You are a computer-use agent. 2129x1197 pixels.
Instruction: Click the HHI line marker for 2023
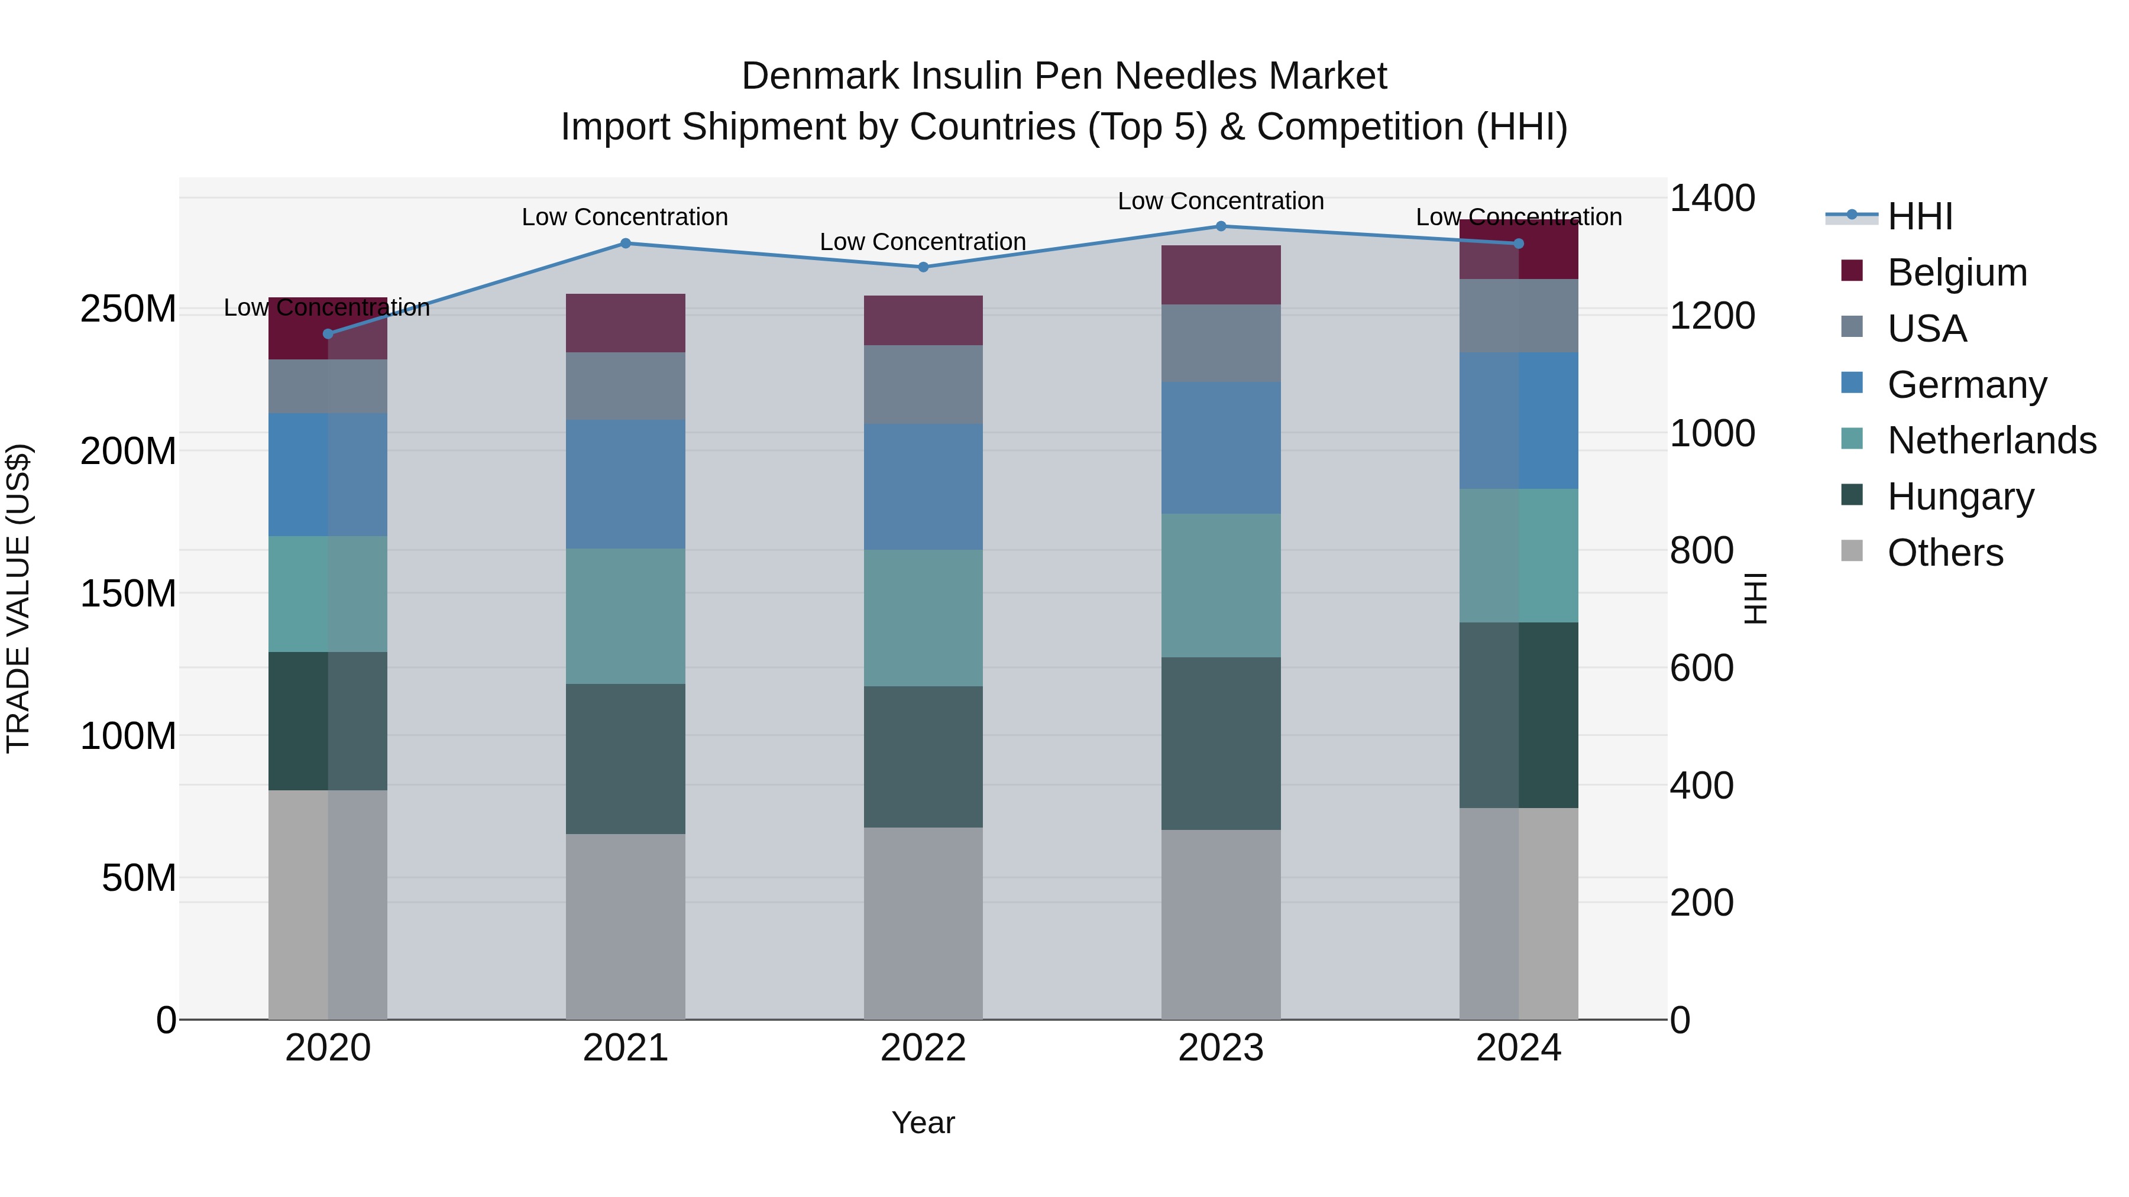click(1221, 226)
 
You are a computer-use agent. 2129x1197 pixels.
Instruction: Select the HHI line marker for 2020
click(328, 334)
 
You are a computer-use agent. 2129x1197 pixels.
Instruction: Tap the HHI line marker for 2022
click(923, 267)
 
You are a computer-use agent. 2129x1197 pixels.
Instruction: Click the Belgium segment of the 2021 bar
click(626, 323)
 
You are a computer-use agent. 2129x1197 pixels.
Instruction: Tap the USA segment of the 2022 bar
click(923, 384)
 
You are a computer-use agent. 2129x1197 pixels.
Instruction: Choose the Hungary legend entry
click(1960, 497)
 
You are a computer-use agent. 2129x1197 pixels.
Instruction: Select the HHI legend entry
click(1919, 216)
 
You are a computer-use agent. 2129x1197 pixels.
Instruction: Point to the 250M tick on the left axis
click(128, 309)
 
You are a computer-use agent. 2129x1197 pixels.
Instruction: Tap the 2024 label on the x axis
click(1518, 1048)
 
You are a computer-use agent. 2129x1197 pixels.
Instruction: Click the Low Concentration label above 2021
click(625, 218)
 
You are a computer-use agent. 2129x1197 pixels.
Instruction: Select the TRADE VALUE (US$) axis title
click(18, 598)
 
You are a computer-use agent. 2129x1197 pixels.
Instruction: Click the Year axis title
click(923, 1123)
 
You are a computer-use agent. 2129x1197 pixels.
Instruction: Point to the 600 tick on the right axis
click(1701, 669)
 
